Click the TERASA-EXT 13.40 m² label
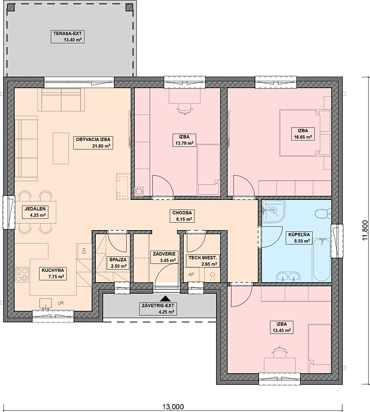68,37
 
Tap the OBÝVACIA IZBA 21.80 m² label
93,143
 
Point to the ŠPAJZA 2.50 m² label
118,263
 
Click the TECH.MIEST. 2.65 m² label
203,261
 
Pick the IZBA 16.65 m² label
303,134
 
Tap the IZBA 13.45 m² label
282,327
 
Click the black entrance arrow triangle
165,298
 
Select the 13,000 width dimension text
173,407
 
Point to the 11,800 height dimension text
365,230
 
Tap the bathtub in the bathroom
321,259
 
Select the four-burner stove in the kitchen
22,274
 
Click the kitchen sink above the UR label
46,303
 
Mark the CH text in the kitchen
84,251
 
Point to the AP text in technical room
191,274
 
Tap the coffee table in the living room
61,148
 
